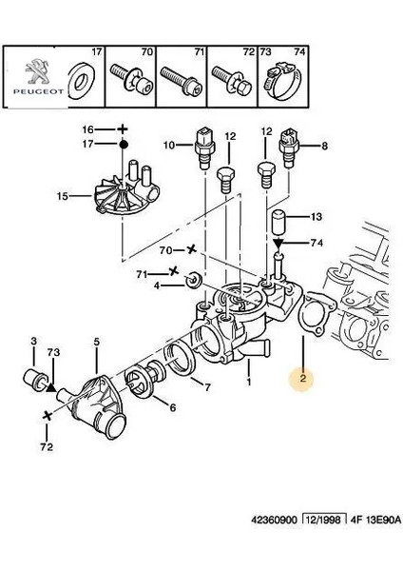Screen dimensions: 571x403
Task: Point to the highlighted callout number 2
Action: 301,379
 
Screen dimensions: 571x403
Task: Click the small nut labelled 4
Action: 193,282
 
